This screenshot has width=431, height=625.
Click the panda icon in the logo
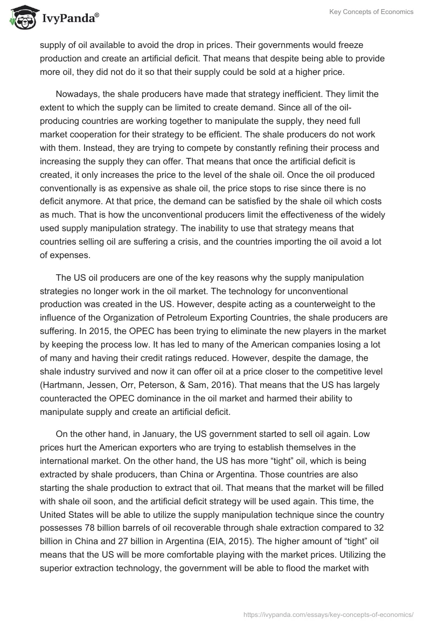coord(20,18)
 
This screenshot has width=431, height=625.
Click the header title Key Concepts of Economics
coord(372,12)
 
